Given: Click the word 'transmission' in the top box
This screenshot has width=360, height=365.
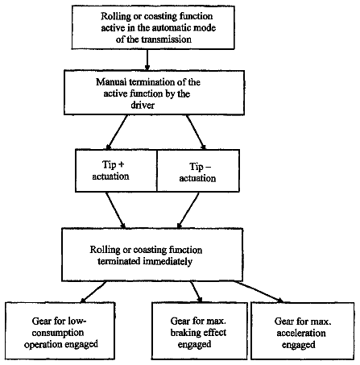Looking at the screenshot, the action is tap(166, 39).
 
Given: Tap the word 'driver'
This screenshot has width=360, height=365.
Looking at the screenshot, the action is tap(143, 105).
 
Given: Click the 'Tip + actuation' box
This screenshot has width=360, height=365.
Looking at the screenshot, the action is tap(116, 171).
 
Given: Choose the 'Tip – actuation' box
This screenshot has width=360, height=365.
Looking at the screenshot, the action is tap(198, 171).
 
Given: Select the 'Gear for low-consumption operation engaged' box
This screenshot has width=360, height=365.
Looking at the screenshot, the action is tap(60, 331).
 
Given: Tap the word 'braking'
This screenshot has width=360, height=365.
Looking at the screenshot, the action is tap(183, 333).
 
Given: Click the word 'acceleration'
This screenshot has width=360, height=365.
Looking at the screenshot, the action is tap(301, 333).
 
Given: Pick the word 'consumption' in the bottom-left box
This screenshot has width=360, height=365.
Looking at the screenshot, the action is tap(58, 333).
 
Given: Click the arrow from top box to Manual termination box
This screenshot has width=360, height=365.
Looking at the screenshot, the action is tap(147, 60).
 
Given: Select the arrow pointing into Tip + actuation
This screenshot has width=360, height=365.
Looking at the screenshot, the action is tap(117, 132).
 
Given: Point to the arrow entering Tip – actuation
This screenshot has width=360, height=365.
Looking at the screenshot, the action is tap(197, 132).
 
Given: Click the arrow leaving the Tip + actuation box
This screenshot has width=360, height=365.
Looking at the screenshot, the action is tap(116, 210).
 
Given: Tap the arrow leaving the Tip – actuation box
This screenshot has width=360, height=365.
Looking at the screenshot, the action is tap(188, 210).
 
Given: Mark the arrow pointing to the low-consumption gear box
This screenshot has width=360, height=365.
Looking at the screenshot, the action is tap(93, 292).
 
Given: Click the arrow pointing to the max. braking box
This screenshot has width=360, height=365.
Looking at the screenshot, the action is tap(197, 292).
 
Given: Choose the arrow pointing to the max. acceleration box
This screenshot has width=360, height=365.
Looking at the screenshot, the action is tap(259, 292).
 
